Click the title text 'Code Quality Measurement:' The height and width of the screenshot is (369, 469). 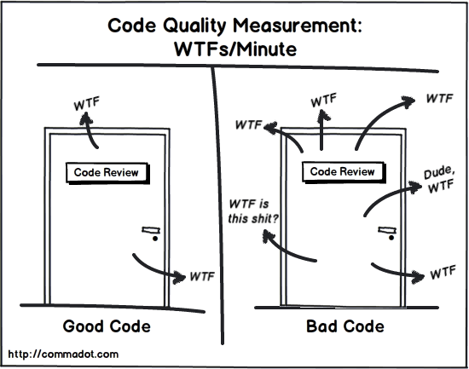point(234,26)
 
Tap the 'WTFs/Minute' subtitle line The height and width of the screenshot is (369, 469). point(236,49)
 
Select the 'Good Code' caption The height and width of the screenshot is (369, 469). point(107,326)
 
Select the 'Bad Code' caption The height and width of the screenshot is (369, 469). point(345,326)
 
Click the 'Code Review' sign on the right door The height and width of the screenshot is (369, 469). point(342,171)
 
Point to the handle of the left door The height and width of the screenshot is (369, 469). point(152,231)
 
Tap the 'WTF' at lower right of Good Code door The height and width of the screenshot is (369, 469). point(201,277)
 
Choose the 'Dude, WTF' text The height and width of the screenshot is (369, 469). point(438,180)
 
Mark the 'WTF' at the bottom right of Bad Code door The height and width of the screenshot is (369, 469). point(442,274)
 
